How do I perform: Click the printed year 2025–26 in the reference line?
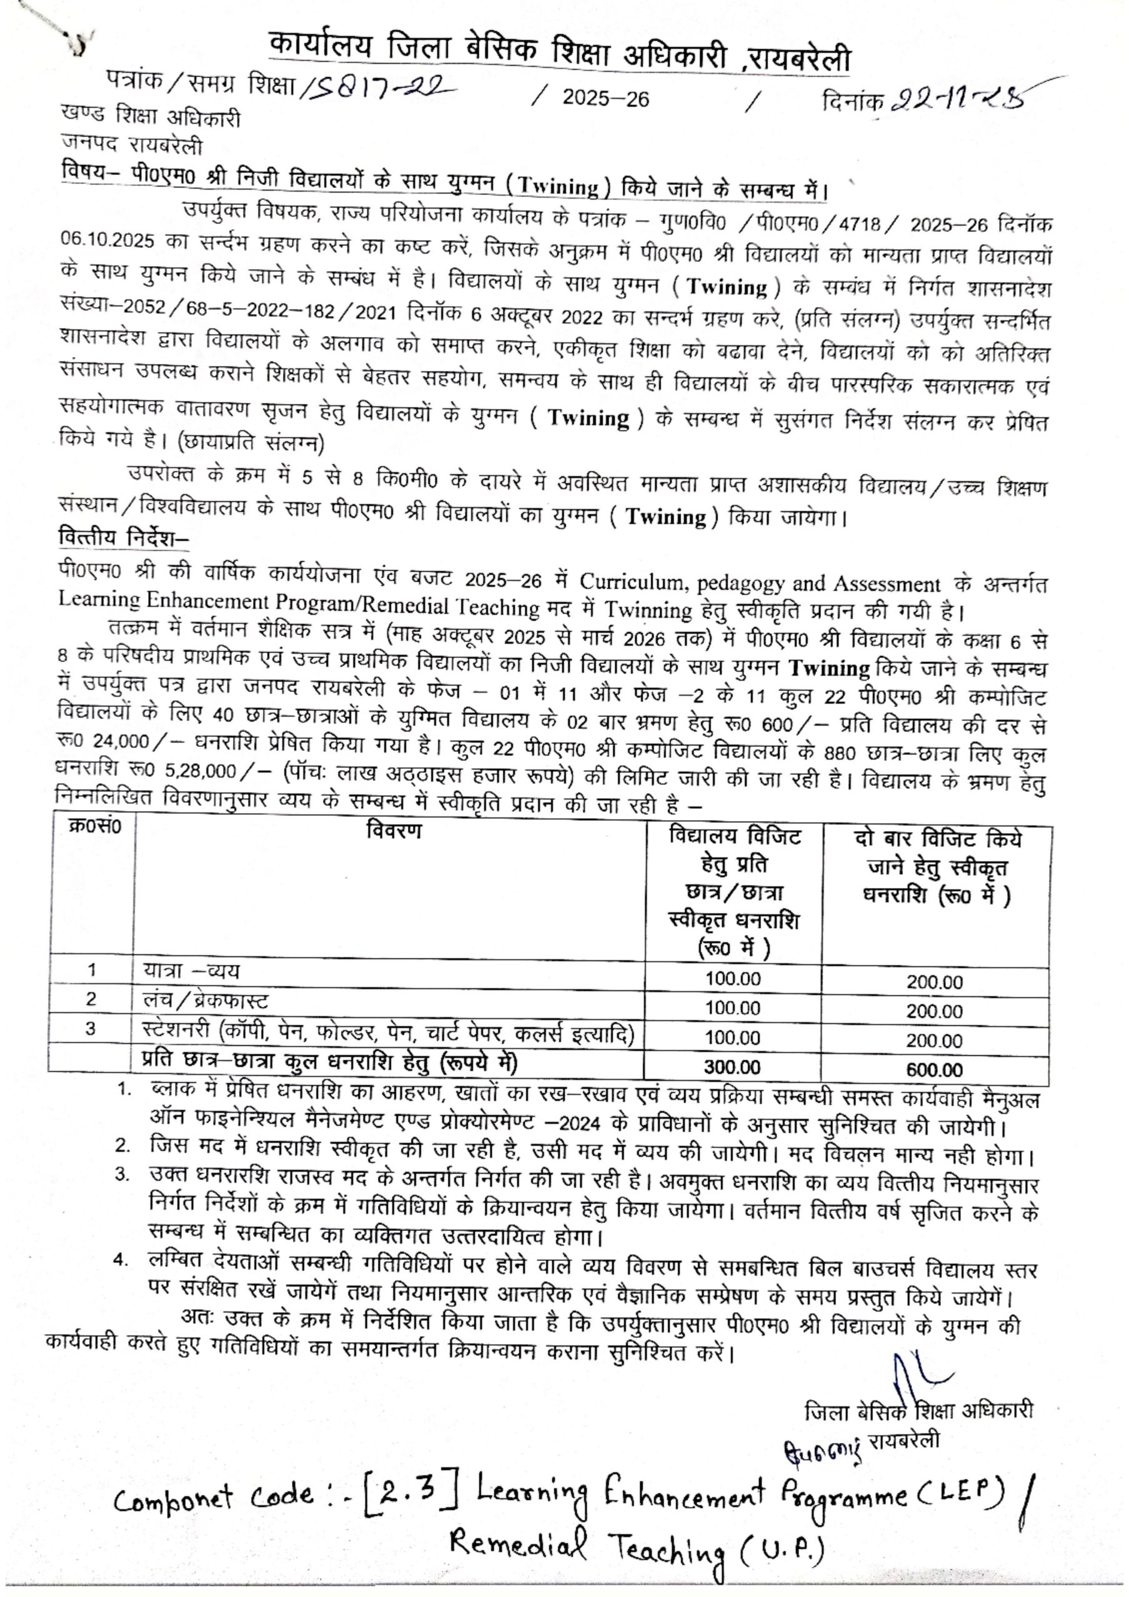tap(605, 99)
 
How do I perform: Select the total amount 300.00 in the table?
tap(732, 1067)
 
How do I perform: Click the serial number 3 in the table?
tap(91, 1029)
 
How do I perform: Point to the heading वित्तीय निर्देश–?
tap(124, 538)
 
